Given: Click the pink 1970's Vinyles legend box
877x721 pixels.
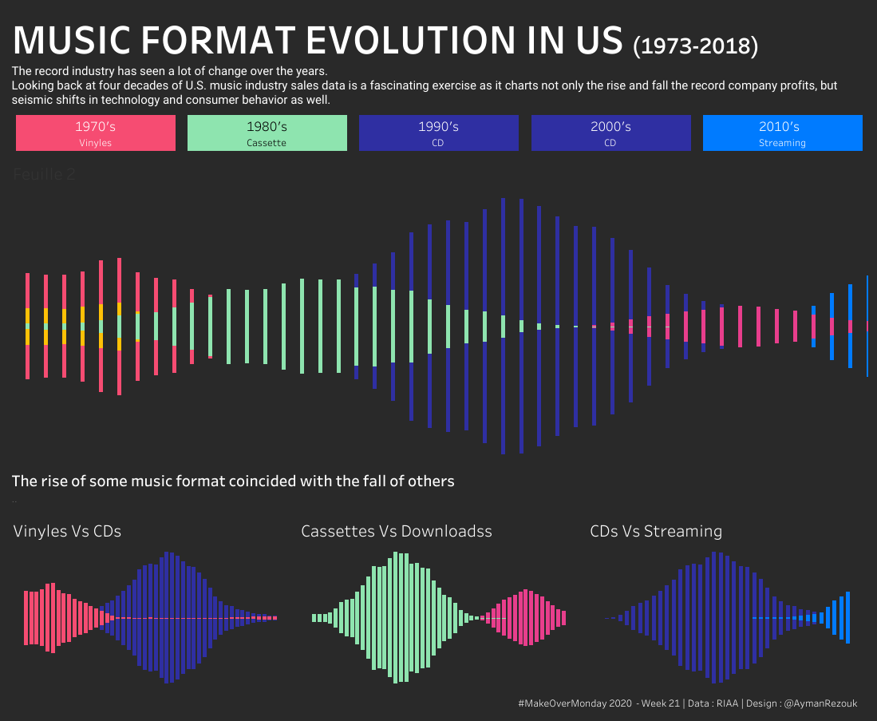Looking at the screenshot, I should click(x=95, y=133).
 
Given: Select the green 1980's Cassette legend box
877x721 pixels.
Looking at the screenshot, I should click(x=267, y=133).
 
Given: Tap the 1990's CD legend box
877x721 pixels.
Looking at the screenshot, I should click(x=438, y=133).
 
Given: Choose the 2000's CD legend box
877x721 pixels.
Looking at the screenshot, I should click(x=610, y=133).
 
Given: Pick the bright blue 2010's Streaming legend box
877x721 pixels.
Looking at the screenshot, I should click(x=782, y=133).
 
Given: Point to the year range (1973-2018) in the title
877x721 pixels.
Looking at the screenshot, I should click(x=694, y=46).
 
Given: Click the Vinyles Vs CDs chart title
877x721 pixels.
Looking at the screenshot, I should click(x=68, y=531).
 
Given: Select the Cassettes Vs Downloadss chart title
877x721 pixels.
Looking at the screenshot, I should click(x=396, y=531).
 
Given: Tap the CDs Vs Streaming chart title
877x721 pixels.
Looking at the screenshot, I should click(x=655, y=531).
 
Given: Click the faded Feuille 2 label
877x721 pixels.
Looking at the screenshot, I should click(x=45, y=174).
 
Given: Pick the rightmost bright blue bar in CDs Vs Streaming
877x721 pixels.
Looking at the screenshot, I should click(x=847, y=617).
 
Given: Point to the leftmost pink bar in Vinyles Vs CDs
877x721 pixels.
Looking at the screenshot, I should click(x=26, y=617).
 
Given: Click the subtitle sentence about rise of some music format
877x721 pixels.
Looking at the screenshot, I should click(x=233, y=481).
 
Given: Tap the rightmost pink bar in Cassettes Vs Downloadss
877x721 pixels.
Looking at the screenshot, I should click(x=563, y=617).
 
